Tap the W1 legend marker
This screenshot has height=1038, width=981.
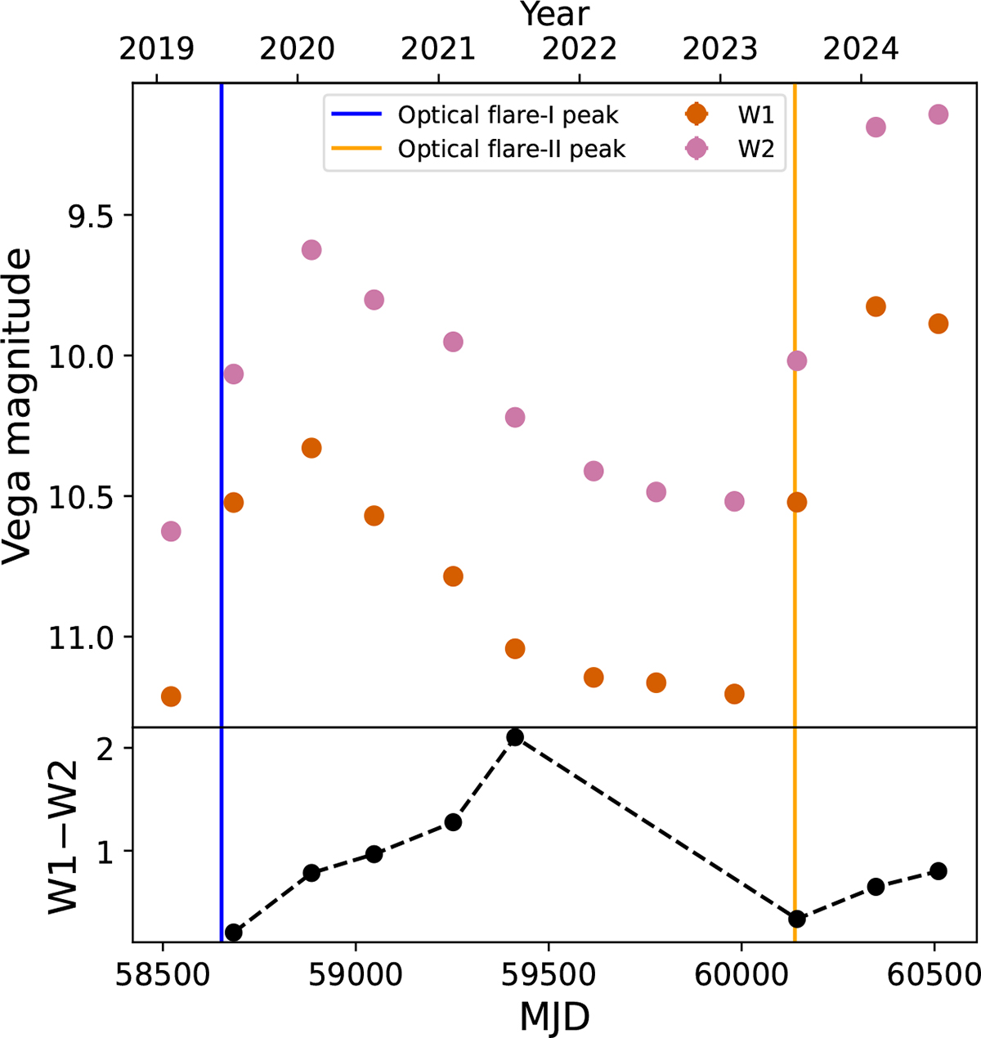click(x=696, y=114)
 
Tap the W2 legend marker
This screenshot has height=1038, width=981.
click(x=696, y=149)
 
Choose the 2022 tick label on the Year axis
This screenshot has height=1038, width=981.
click(x=579, y=49)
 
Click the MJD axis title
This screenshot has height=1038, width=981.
click(x=554, y=1018)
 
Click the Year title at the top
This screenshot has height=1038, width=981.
click(x=554, y=14)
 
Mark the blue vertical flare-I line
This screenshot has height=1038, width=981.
click(x=222, y=409)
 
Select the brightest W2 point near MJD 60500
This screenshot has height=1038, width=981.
click(x=938, y=114)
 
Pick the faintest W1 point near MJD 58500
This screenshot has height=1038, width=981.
click(x=171, y=696)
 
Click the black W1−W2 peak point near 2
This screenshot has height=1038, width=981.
click(x=515, y=737)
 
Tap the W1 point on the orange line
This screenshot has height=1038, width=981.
click(x=796, y=502)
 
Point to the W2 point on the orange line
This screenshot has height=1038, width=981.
click(x=796, y=360)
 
